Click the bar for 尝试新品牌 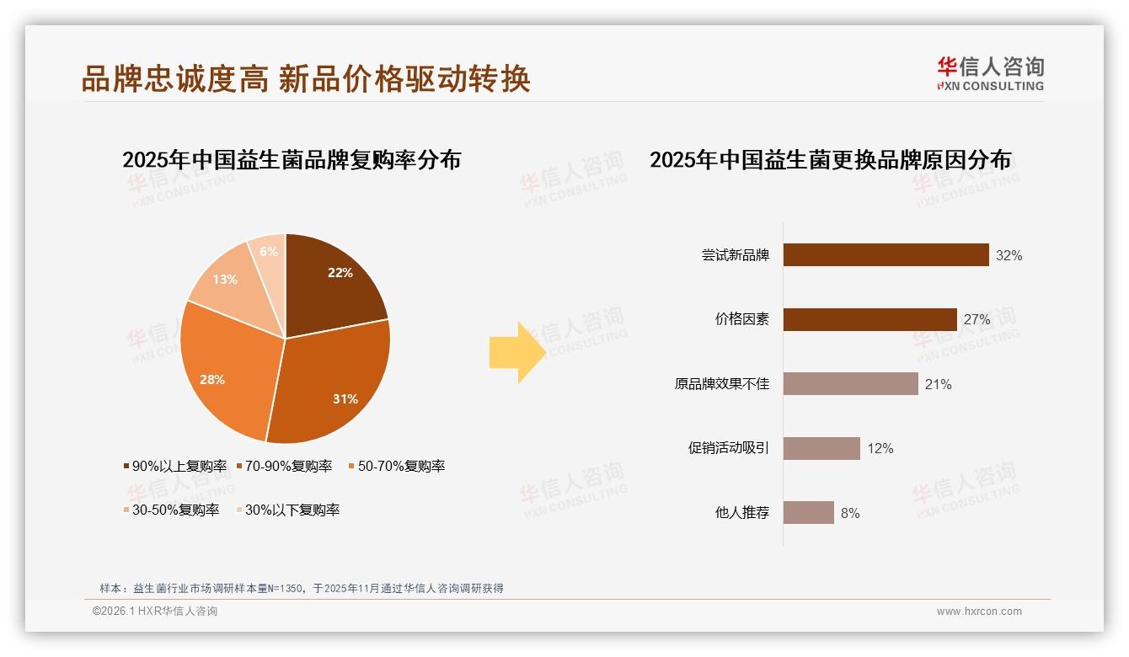pyautogui.click(x=886, y=255)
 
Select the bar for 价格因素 pyautogui.click(x=869, y=319)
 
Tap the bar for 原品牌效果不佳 pyautogui.click(x=850, y=384)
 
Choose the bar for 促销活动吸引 pyautogui.click(x=821, y=448)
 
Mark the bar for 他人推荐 pyautogui.click(x=809, y=512)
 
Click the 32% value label pyautogui.click(x=1009, y=255)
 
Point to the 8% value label pyautogui.click(x=850, y=513)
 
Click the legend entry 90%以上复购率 pyautogui.click(x=175, y=466)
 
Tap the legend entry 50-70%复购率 pyautogui.click(x=397, y=466)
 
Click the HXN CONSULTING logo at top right pyautogui.click(x=990, y=73)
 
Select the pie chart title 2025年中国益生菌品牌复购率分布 pyautogui.click(x=292, y=160)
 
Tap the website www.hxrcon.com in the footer pyautogui.click(x=979, y=612)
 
